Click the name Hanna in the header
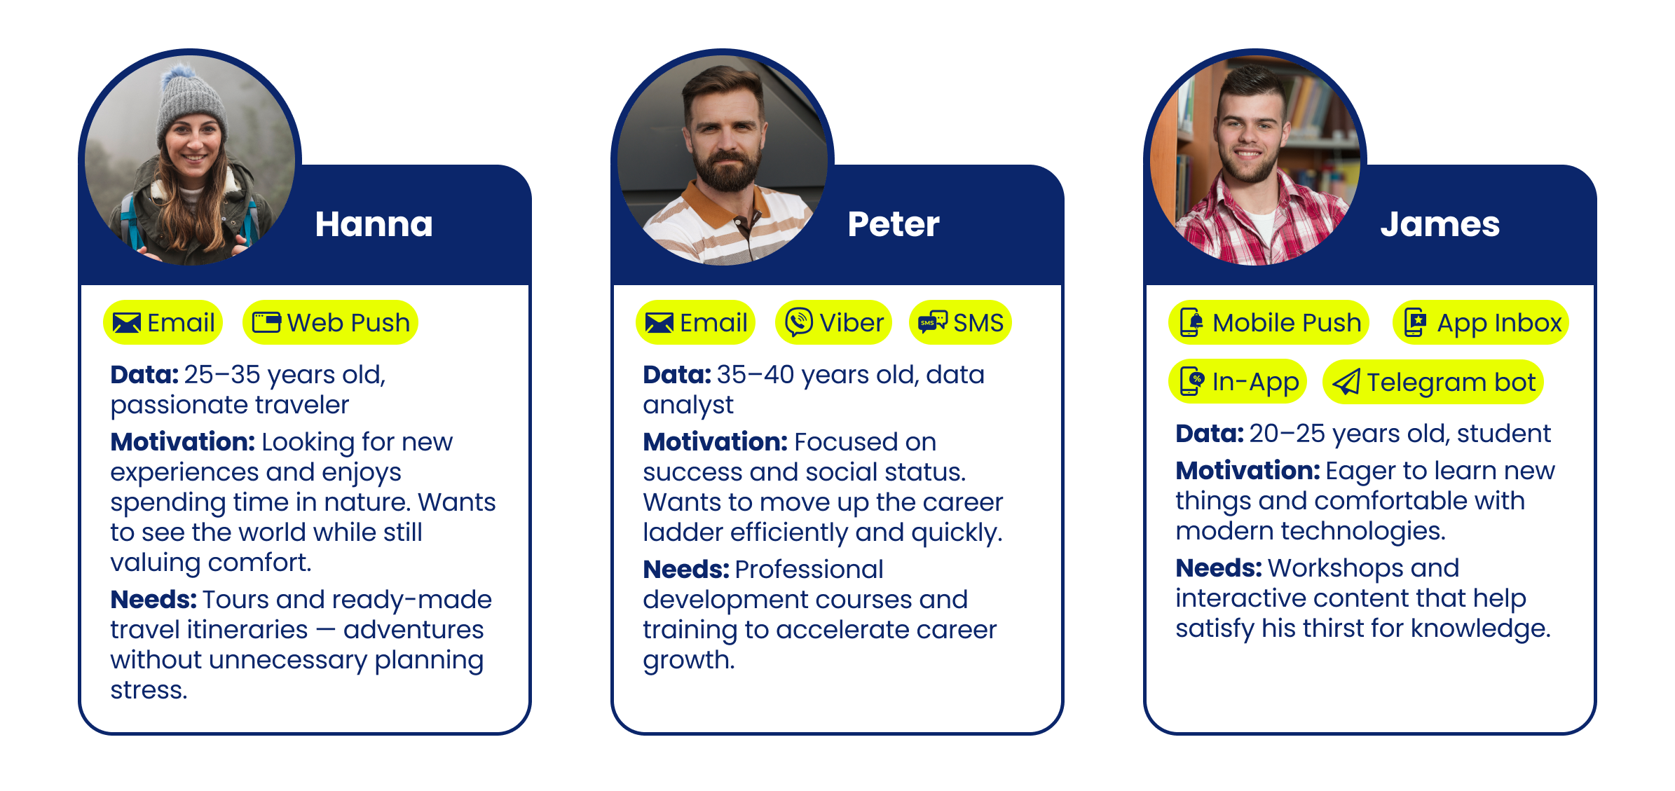coord(374,224)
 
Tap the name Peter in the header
coord(893,224)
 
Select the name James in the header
coord(1440,224)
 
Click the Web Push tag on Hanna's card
coord(330,323)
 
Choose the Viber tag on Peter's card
coord(833,323)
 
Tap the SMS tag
coord(960,323)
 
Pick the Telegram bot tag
coord(1433,383)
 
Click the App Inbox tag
coord(1480,323)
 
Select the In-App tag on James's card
coord(1238,383)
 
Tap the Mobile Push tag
coord(1269,323)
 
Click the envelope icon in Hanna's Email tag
coord(127,323)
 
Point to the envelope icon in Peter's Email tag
coord(659,323)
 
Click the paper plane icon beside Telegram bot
coord(1346,383)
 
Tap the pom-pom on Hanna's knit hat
coord(183,71)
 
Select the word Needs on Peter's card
coord(686,570)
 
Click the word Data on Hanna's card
coord(144,375)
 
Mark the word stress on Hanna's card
coord(148,690)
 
